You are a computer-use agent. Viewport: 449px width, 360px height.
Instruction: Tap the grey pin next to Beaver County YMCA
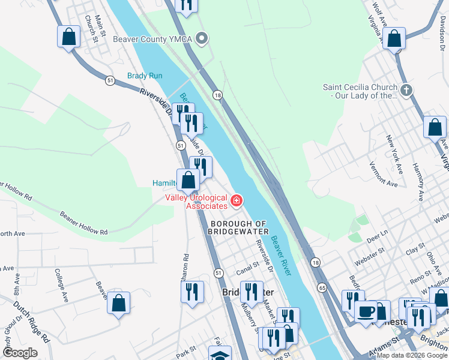[203, 40]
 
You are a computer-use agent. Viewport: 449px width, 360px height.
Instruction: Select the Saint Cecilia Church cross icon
[407, 91]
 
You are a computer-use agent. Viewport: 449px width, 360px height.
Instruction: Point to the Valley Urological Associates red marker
[237, 200]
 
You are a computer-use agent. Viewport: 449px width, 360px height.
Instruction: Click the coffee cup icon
[366, 311]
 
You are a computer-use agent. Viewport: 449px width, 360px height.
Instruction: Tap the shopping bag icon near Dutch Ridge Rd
[119, 303]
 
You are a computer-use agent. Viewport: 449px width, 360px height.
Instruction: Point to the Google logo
[20, 353]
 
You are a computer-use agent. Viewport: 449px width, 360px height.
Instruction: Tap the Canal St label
[246, 263]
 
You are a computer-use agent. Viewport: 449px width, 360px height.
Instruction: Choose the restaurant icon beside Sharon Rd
[192, 292]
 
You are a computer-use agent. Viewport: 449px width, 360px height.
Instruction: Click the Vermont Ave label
[384, 175]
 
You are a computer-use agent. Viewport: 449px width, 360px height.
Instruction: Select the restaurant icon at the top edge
[186, 5]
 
